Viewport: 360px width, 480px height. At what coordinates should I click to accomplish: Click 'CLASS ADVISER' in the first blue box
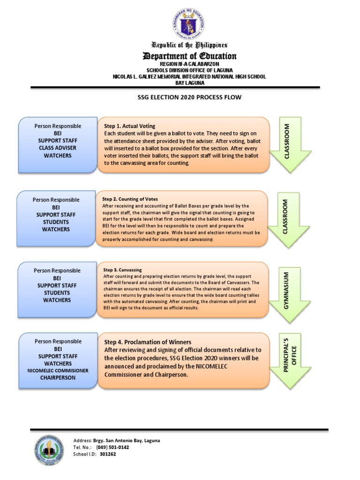point(58,148)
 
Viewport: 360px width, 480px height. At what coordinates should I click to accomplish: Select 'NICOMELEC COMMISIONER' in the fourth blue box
point(58,371)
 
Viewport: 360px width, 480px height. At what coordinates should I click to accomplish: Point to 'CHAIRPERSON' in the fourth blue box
point(58,378)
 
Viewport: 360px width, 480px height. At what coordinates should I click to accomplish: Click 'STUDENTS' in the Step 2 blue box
point(56,222)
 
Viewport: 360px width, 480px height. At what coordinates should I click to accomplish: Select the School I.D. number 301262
point(108,454)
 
